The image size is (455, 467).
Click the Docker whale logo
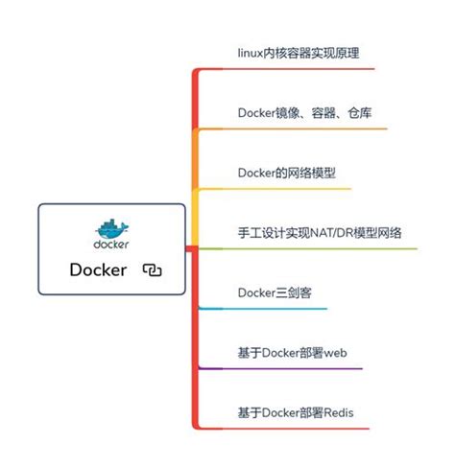pyautogui.click(x=112, y=228)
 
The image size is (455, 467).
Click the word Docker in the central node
pyautogui.click(x=98, y=269)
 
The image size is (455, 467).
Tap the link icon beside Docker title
pyautogui.click(x=152, y=270)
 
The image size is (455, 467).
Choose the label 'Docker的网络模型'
pyautogui.click(x=286, y=173)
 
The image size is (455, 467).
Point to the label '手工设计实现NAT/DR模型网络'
pyautogui.click(x=319, y=232)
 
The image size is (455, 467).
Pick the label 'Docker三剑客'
pyautogui.click(x=279, y=292)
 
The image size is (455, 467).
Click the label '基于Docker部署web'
pyautogui.click(x=291, y=353)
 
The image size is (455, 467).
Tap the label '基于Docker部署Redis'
pyautogui.click(x=295, y=413)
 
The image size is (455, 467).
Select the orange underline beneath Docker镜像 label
pyautogui.click(x=307, y=128)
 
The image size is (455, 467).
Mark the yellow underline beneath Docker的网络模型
pyautogui.click(x=288, y=189)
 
